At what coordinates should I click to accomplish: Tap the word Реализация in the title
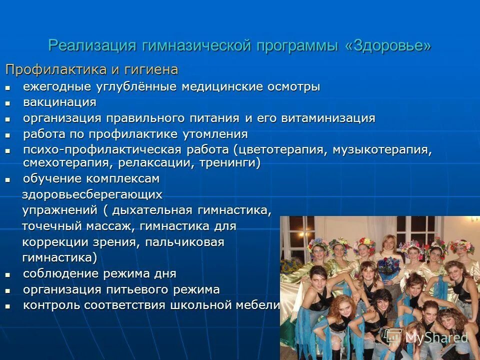pyautogui.click(x=92, y=45)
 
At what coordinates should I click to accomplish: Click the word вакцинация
pyautogui.click(x=59, y=102)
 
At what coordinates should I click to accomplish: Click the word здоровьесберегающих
pyautogui.click(x=92, y=194)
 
